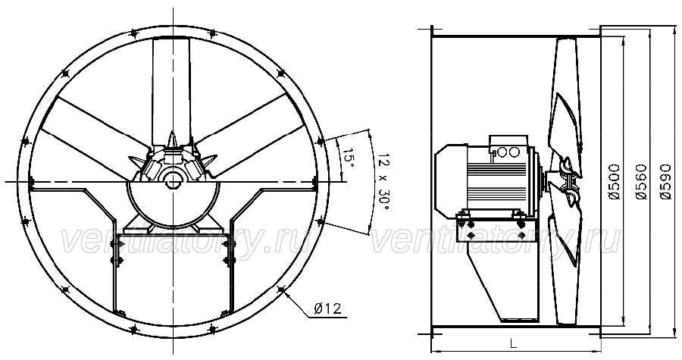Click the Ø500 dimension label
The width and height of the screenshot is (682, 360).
click(614, 182)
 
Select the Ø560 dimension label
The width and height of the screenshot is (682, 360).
click(640, 182)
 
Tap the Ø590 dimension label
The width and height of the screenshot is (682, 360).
click(665, 182)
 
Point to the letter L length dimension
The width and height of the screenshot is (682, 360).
click(514, 344)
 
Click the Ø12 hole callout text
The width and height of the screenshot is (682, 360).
click(327, 308)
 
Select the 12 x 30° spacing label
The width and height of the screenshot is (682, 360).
click(383, 181)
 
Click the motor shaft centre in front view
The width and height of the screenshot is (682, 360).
click(173, 180)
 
